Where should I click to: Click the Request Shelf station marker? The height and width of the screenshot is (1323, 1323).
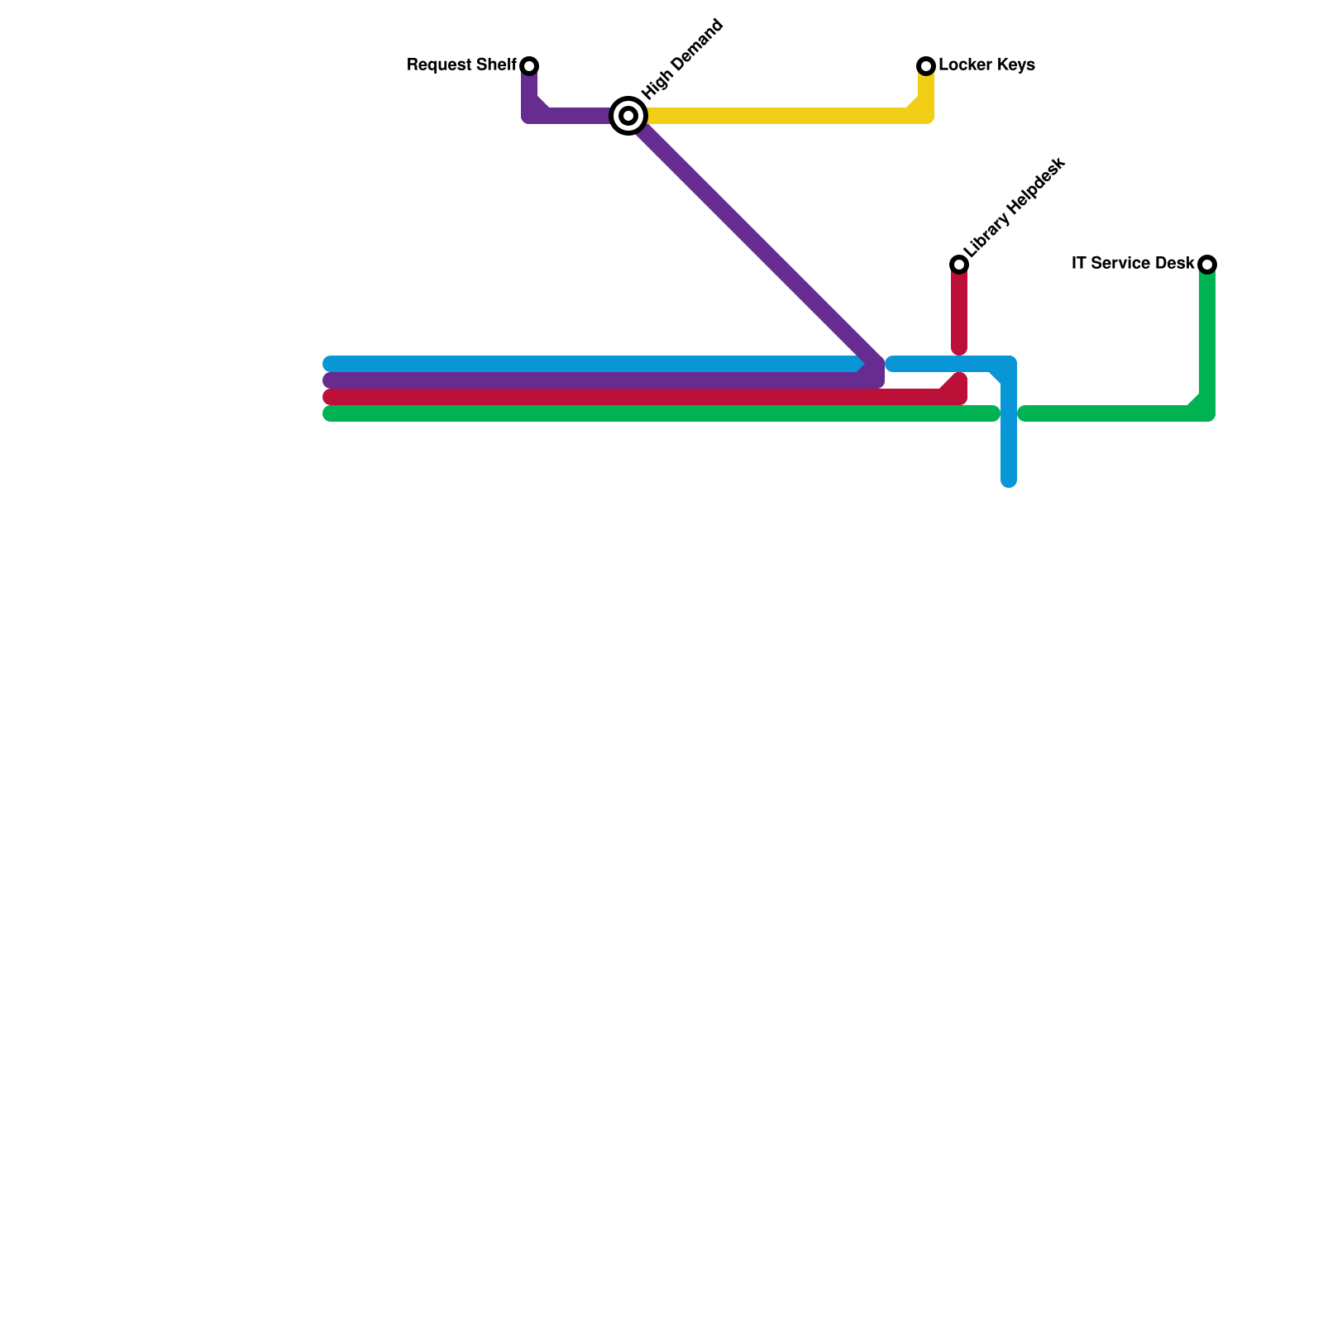(x=529, y=65)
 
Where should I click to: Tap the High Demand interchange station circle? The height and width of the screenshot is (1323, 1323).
(x=628, y=115)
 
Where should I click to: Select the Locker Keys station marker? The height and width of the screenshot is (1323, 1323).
(x=926, y=65)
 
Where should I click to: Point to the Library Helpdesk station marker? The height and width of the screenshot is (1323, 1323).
(x=959, y=264)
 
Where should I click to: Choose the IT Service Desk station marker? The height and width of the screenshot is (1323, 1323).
(x=1207, y=264)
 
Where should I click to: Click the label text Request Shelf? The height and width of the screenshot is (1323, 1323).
(x=461, y=65)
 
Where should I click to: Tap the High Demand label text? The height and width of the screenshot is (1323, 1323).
(x=682, y=60)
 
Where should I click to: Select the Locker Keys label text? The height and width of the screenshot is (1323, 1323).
(x=986, y=65)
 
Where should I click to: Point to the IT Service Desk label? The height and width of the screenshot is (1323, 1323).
(x=1132, y=264)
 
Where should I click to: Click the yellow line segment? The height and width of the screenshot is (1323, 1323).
(x=777, y=116)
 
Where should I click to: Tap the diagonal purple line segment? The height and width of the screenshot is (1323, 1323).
(x=752, y=240)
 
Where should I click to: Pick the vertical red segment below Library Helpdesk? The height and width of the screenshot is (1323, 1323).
(x=959, y=310)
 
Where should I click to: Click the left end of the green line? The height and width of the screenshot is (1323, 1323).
(x=329, y=413)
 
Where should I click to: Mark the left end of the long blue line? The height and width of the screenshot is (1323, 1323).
(x=329, y=364)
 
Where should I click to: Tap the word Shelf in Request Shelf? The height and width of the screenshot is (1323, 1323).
(x=496, y=65)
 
